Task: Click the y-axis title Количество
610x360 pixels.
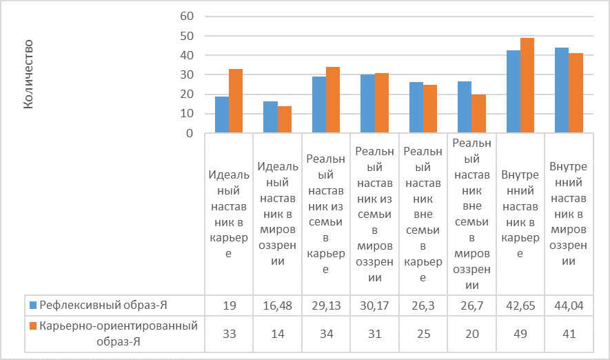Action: click(x=30, y=74)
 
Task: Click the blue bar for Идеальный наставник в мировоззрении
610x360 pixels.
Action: click(x=270, y=117)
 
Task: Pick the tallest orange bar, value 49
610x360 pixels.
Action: click(x=527, y=86)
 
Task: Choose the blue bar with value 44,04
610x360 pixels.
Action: click(x=562, y=90)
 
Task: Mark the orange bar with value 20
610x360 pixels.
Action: click(x=478, y=114)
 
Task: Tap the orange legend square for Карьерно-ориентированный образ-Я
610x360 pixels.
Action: click(x=32, y=326)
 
